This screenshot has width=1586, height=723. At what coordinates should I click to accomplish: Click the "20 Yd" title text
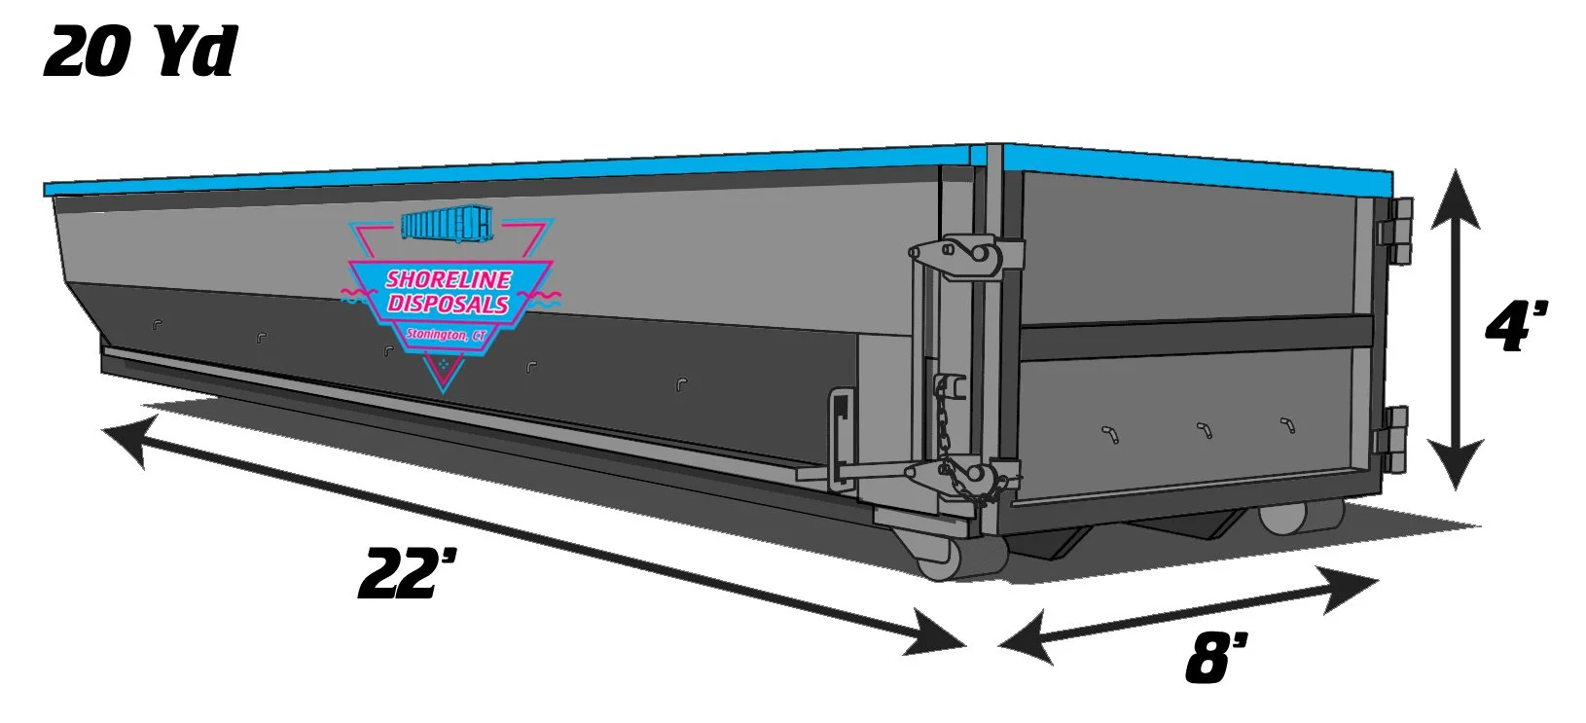[x=139, y=51]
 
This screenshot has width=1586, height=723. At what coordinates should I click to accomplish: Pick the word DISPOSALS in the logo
[x=448, y=304]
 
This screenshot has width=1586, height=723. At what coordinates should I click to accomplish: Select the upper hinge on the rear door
[x=1396, y=232]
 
